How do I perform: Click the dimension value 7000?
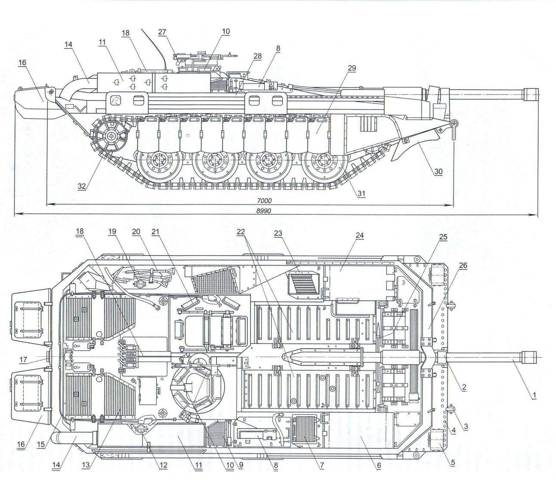coord(264,201)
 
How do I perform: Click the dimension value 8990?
coord(263,210)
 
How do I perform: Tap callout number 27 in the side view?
coord(162,32)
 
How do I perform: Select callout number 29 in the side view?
coord(352,68)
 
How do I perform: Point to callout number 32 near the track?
coord(82,186)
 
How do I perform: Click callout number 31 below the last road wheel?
coord(361,193)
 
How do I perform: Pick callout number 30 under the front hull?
coord(438,172)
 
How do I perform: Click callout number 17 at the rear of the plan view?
coord(23,359)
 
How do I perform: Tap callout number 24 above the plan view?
coord(359,235)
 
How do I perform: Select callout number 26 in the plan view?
coord(463,266)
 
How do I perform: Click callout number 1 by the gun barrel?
coord(534,395)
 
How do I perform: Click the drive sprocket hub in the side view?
coord(111,136)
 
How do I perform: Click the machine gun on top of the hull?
coord(204,57)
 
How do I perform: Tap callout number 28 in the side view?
coord(257,56)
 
